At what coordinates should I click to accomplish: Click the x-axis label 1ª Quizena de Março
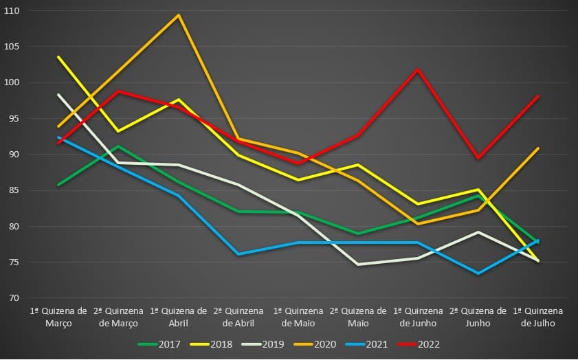[x=59, y=317]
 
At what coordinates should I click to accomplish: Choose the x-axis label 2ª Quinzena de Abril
[x=238, y=317]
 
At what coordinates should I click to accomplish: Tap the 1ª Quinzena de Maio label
[x=298, y=317]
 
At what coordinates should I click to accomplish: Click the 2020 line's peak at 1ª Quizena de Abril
[x=179, y=15]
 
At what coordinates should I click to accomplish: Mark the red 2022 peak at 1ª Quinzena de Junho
[x=417, y=69]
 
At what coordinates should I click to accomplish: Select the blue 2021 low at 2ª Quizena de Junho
[x=477, y=273]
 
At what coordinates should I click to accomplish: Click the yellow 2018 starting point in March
[x=59, y=57]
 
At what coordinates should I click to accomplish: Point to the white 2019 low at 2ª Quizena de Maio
[x=357, y=264]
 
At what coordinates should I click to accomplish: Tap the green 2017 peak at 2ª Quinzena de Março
[x=119, y=146]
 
